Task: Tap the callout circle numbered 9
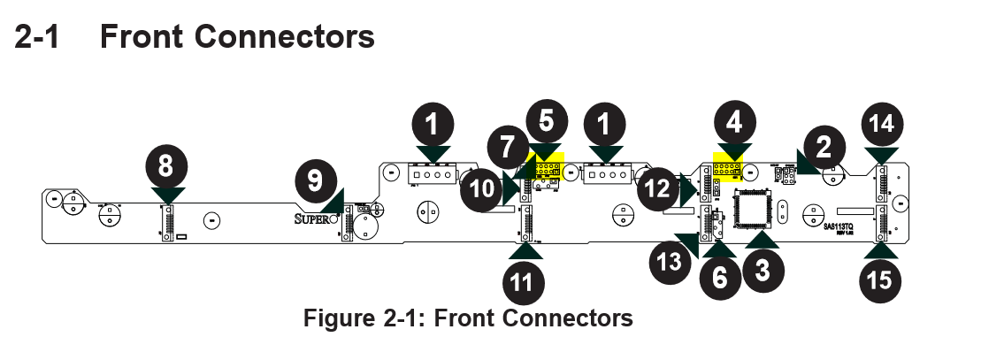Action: pos(315,181)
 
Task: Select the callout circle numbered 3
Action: pos(763,269)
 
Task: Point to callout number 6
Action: pos(720,278)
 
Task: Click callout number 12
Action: pos(659,188)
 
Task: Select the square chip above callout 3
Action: pos(754,208)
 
